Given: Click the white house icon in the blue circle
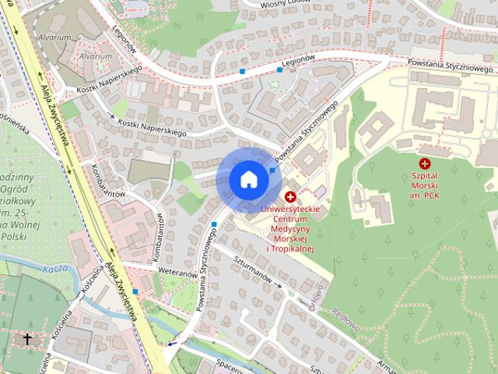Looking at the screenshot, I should [x=248, y=179].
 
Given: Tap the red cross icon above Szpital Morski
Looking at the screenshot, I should [x=424, y=164].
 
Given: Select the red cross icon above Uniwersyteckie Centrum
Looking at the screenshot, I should [x=290, y=197].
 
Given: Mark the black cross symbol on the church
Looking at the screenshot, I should [x=28, y=339].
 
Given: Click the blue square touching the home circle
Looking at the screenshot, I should [x=272, y=170].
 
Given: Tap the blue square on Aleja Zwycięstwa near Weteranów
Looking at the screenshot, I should [x=135, y=291].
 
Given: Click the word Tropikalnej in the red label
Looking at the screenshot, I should [x=289, y=249].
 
